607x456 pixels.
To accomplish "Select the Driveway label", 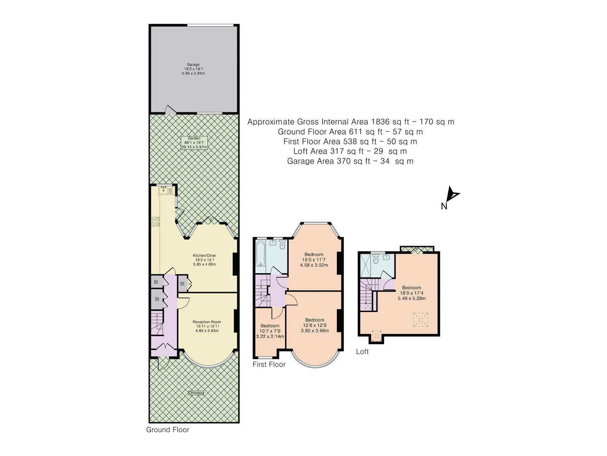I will tap(196, 393).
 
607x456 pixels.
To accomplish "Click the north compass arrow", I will tap(453, 195).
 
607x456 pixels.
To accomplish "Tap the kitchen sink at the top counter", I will tap(163, 190).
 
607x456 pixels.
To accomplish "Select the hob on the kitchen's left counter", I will tap(155, 221).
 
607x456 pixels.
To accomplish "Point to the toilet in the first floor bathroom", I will tap(282, 244).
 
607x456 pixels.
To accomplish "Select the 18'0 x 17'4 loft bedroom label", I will tap(411, 293).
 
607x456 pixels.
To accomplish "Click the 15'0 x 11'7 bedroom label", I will tap(314, 259).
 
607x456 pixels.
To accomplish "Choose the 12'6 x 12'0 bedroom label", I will tap(314, 325).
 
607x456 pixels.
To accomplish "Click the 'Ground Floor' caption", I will tap(167, 430).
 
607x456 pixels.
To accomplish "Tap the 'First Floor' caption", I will tap(269, 364).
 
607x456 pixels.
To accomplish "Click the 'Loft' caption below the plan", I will tap(362, 351).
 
